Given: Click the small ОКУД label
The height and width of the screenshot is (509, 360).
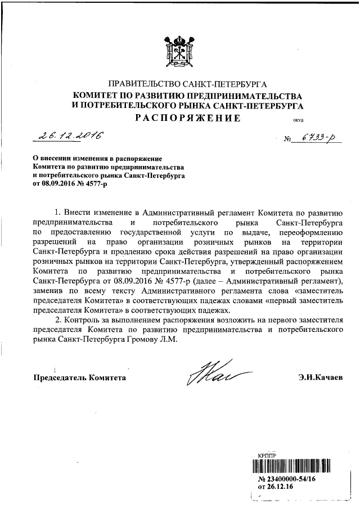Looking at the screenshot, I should [282, 120].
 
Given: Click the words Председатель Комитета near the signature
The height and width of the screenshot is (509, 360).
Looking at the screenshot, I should [79, 377].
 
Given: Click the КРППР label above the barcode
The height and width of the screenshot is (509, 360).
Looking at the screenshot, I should [267, 456].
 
